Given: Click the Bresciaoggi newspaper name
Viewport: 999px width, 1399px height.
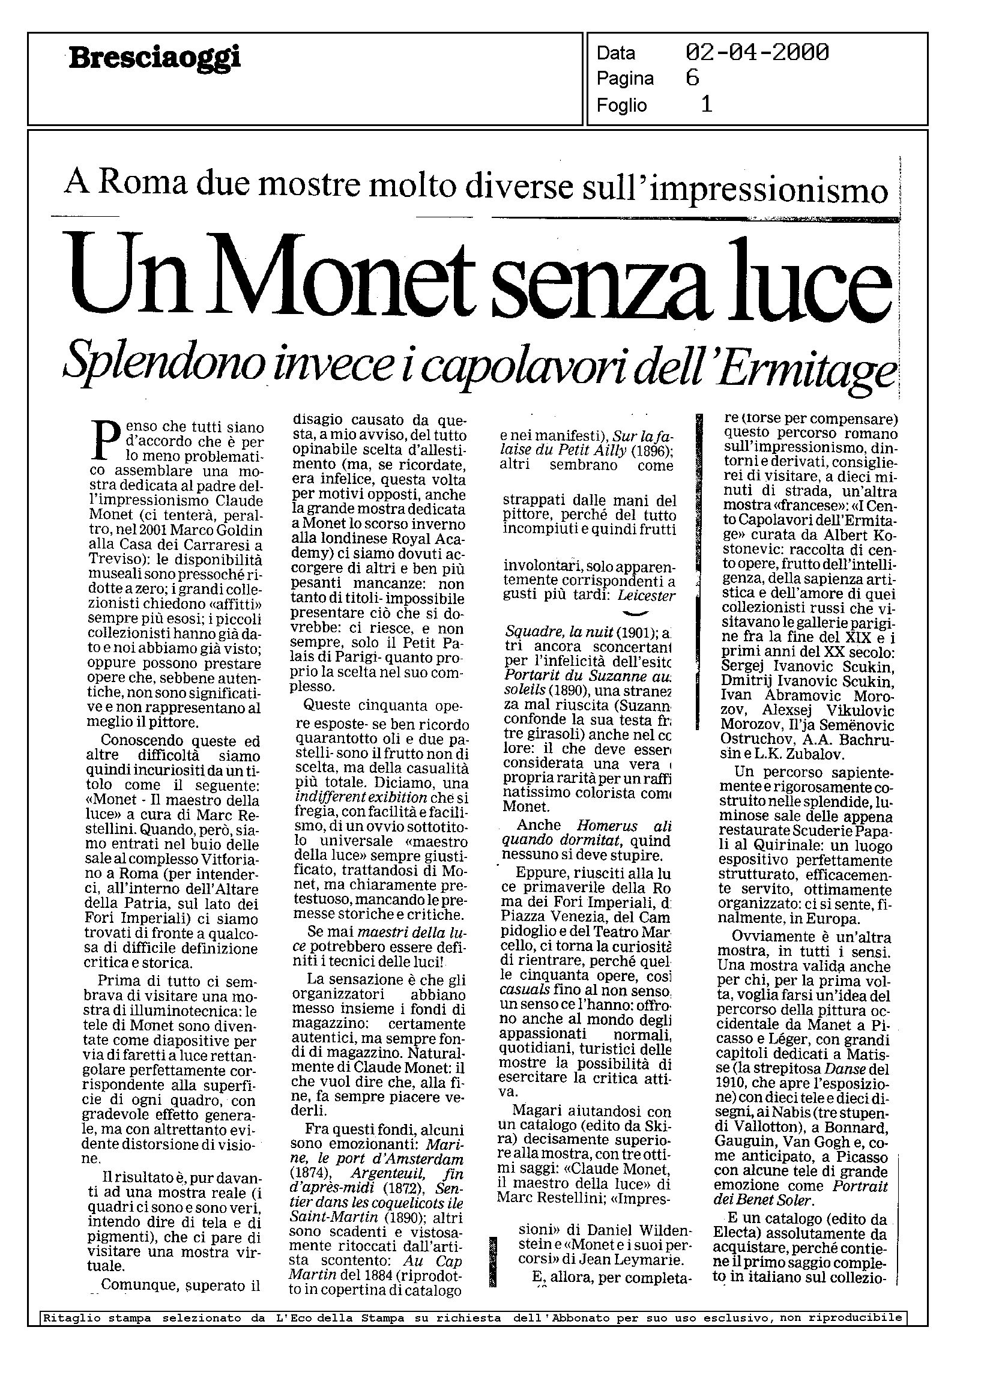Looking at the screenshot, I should click(x=154, y=59).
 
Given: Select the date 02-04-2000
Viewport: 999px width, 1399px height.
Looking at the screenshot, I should click(x=756, y=53).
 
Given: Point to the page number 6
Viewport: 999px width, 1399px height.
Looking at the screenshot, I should click(x=692, y=78).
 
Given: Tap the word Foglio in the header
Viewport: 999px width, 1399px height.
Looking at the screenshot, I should click(x=621, y=106).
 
